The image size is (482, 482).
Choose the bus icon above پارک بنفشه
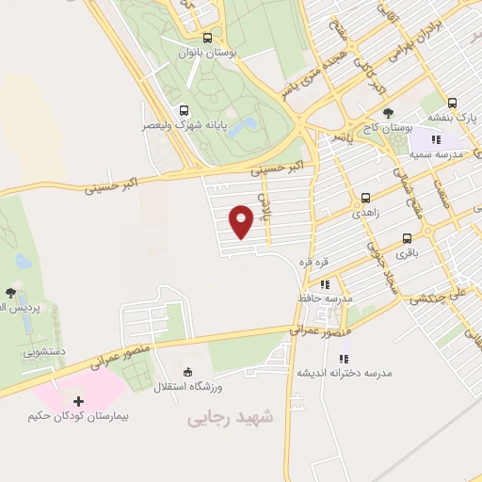point(453,103)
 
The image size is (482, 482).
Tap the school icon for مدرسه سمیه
point(435,139)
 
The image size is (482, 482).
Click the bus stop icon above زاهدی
point(365,199)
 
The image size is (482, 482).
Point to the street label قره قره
point(312,260)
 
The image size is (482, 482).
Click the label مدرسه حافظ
point(326,298)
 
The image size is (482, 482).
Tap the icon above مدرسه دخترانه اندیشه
point(344,358)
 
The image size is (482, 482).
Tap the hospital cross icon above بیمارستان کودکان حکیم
point(78,402)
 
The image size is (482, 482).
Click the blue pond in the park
point(242,124)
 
